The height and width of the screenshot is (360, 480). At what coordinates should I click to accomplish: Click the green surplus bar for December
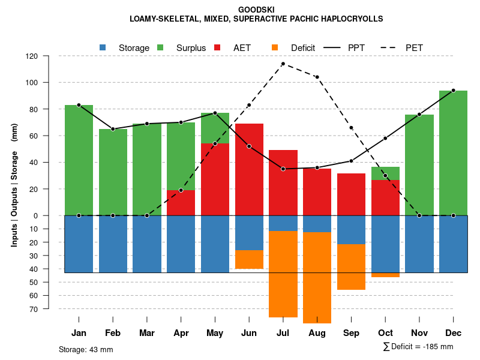(453, 153)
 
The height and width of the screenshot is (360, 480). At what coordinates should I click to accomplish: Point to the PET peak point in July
(283, 64)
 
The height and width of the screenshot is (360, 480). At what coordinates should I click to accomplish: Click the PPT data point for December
(453, 91)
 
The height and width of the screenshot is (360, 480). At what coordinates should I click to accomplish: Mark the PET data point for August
(317, 77)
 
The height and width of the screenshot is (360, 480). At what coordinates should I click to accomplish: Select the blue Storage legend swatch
(103, 47)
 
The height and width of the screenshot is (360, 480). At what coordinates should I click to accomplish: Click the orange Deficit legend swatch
(275, 47)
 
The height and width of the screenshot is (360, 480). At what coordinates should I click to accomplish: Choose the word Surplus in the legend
(191, 48)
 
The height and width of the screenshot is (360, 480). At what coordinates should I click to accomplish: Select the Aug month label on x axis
(317, 333)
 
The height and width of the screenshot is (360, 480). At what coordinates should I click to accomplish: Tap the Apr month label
(181, 333)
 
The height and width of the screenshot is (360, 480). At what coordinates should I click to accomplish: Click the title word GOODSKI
(256, 10)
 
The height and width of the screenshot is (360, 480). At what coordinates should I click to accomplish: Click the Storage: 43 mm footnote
(86, 349)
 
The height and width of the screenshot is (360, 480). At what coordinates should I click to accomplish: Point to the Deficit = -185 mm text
(422, 347)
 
